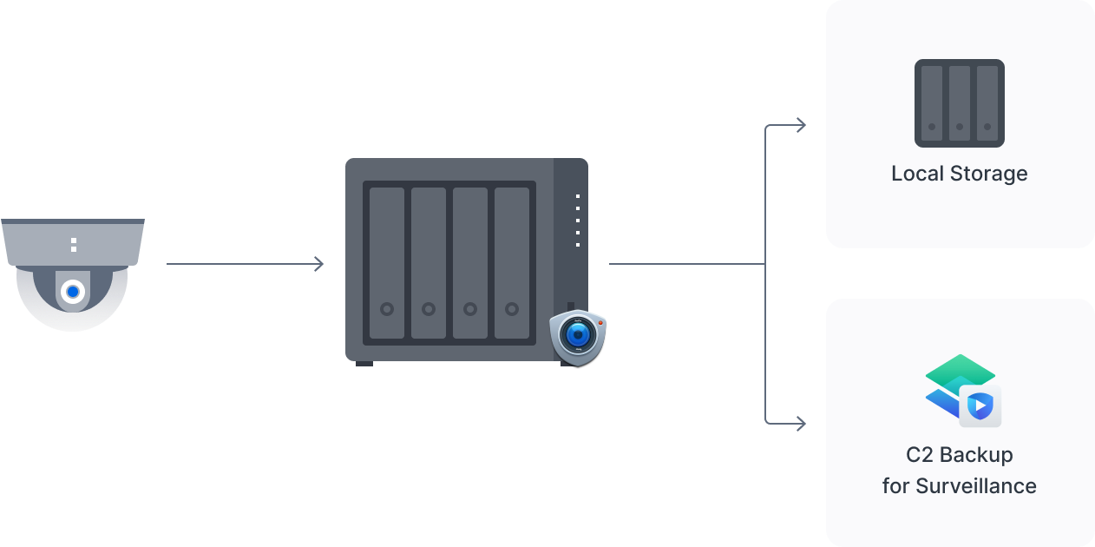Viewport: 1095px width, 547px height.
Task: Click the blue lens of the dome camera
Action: pos(74,293)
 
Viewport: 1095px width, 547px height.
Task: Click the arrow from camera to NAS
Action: pos(245,264)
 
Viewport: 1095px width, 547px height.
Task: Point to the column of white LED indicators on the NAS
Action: pos(578,221)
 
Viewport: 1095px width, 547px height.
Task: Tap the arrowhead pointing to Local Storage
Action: pos(800,126)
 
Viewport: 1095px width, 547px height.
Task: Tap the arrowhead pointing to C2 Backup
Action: pos(800,424)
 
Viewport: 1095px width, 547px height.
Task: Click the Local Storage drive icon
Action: pos(959,102)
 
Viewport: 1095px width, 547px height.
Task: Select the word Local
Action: pos(918,174)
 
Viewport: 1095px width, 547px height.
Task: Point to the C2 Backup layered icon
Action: pos(959,386)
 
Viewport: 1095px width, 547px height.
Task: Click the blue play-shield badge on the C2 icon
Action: pos(980,405)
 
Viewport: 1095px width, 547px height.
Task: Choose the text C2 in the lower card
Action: pos(919,455)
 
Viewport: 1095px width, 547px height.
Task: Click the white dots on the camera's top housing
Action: pos(74,244)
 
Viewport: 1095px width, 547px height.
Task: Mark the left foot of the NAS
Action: pos(364,363)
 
